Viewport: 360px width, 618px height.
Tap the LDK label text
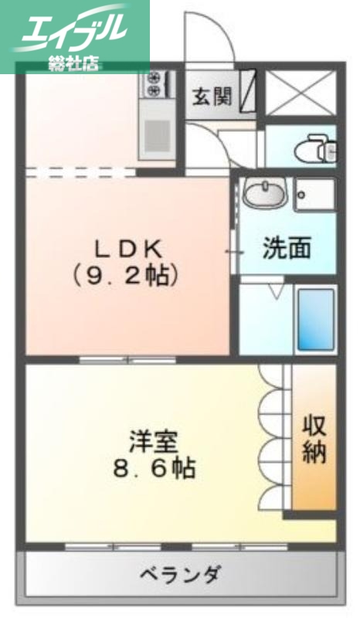128,248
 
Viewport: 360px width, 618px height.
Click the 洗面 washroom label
286,249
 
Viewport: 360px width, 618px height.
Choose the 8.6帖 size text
155,468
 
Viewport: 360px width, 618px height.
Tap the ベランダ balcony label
182,575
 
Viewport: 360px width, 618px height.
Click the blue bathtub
315,320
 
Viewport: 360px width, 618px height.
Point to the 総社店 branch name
73,63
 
